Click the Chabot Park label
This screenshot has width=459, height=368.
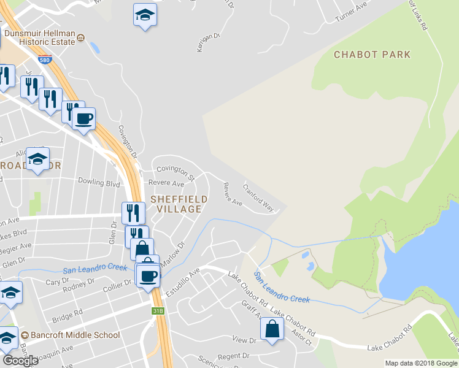coord(372,55)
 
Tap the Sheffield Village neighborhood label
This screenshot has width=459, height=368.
coord(175,204)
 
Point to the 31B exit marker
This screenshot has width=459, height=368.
coord(158,311)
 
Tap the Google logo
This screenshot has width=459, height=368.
coord(20,360)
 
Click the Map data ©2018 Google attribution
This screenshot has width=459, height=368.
coord(420,363)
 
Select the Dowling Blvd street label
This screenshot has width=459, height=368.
coord(98,182)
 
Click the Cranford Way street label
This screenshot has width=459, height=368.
coord(258,196)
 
